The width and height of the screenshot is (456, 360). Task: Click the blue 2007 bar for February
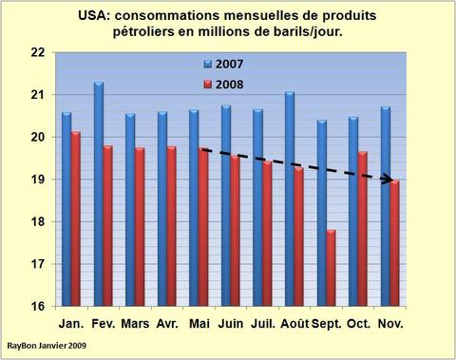99,194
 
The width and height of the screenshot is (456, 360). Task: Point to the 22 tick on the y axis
37,53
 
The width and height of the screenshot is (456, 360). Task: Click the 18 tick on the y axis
37,222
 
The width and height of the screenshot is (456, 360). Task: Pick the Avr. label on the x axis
166,324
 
